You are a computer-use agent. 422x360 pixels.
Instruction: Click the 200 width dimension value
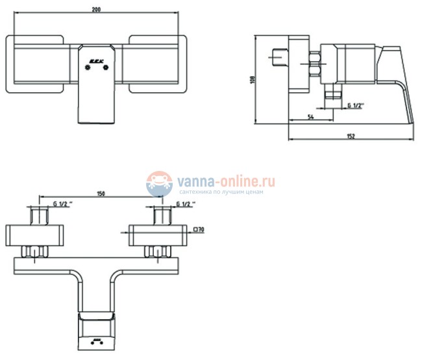pyautogui.click(x=97, y=10)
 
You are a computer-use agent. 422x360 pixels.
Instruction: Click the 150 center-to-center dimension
pyautogui.click(x=101, y=193)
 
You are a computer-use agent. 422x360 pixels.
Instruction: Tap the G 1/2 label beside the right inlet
pyautogui.click(x=185, y=204)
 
